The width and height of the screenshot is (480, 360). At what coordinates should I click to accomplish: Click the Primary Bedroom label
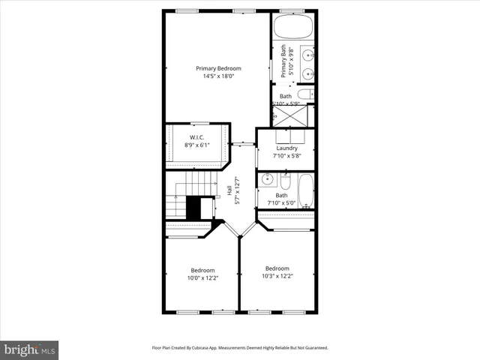coord(218,68)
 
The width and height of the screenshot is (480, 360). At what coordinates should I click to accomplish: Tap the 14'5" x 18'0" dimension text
coord(218,76)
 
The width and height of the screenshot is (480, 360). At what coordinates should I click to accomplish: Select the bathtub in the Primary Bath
coord(292,28)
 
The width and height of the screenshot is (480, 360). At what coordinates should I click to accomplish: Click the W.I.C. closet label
coord(197,137)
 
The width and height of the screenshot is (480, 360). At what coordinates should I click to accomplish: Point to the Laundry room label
coord(286,148)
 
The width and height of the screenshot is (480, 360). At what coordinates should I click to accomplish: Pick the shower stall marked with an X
coord(286,116)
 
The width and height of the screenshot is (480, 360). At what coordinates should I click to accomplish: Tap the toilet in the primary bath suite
coord(306,94)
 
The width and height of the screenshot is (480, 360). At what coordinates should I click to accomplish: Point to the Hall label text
coord(230,191)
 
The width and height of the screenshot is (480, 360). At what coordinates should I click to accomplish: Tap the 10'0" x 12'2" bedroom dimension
coord(202,278)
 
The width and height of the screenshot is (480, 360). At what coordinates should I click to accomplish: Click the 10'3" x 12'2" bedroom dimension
coord(277,276)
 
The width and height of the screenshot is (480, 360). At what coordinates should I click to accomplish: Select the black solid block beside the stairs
coord(194,208)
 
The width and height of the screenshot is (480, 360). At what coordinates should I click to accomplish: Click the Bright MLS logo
coord(30,349)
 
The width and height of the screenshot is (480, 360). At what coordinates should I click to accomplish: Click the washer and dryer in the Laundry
coord(286,136)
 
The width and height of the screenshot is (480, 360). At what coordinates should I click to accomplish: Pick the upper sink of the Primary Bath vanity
coord(307,55)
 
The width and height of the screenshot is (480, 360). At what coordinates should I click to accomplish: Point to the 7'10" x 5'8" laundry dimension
coord(286,156)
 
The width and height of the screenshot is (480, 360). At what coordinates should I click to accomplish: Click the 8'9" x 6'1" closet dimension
coord(197,145)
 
